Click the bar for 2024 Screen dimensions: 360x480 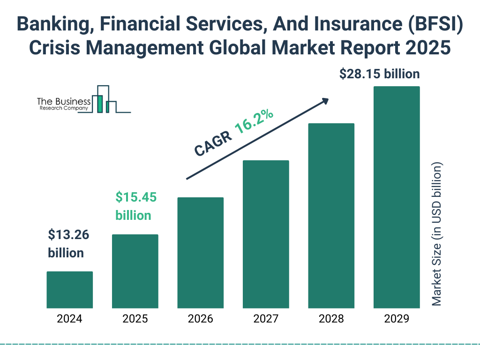coord(69,290)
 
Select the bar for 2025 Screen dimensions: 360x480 coord(135,271)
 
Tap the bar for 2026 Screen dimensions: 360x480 coord(200,253)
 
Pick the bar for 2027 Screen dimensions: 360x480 coord(266,234)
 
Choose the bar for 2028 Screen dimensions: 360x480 coord(331,216)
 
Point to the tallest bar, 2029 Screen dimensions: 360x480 coord(397,197)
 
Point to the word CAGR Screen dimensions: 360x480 coord(212,143)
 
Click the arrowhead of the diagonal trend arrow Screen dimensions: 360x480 coord(324,101)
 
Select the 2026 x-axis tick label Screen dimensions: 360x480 coord(200,319)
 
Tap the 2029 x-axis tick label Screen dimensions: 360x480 coord(397,319)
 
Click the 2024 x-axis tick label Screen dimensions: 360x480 coord(69,319)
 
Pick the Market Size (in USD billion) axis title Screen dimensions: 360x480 coord(437,234)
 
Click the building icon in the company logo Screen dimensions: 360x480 coord(107,99)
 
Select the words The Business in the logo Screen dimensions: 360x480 coord(64,101)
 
